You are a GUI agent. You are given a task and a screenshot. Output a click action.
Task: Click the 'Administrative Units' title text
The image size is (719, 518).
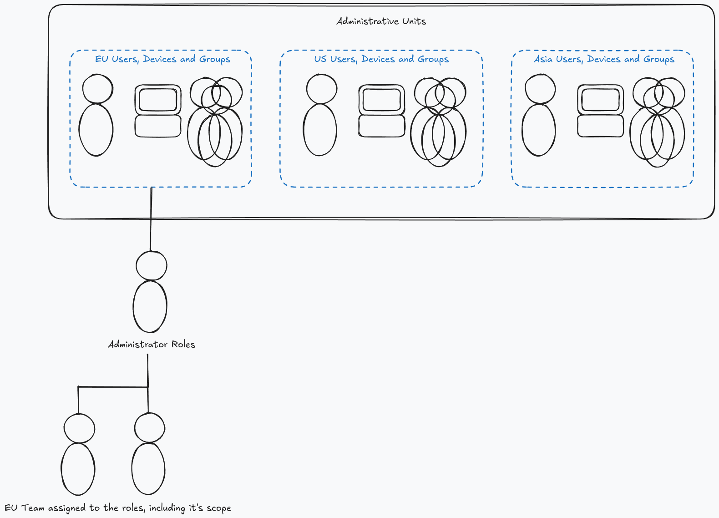[381, 21]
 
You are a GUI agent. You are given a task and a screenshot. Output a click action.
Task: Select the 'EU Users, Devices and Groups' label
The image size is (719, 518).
[163, 59]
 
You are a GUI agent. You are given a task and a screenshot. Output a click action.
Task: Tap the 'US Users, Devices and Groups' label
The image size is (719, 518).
[381, 59]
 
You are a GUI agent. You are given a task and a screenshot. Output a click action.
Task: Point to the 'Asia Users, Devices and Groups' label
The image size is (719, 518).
[604, 59]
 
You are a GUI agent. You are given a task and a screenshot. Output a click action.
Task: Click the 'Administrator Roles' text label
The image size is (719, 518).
[152, 345]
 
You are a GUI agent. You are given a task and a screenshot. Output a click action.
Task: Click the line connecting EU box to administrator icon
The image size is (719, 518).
[151, 219]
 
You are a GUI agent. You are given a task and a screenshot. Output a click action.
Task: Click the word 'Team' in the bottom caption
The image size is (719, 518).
[33, 508]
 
